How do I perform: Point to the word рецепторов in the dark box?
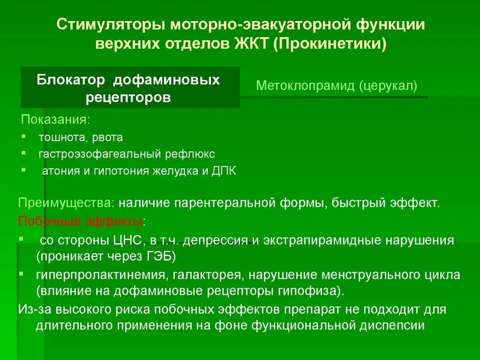[x=128, y=98]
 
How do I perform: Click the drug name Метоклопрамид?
[x=307, y=86]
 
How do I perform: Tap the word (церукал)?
[x=389, y=86]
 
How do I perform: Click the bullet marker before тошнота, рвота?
[x=23, y=136]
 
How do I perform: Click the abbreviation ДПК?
[x=224, y=171]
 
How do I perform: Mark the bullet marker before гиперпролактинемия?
[x=22, y=272]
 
